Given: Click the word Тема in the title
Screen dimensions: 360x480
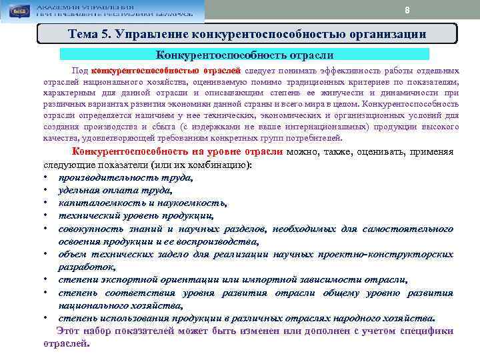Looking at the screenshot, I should [85, 34].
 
